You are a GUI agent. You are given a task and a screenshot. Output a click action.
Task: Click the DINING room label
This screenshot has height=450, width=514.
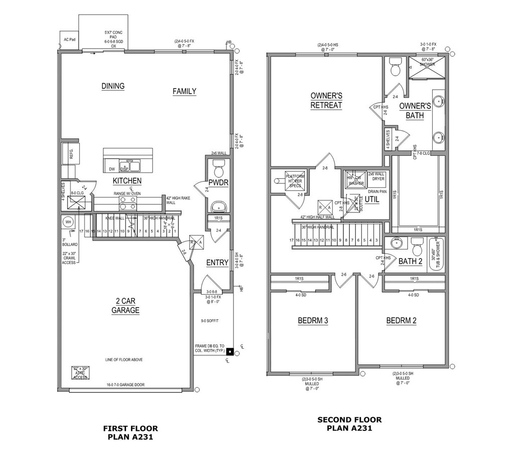113,86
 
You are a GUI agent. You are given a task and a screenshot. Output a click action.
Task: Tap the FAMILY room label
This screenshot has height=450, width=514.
184,91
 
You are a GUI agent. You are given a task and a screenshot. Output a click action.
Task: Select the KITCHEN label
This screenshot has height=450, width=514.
127,181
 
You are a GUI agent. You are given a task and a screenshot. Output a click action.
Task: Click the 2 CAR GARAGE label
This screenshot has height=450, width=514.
125,306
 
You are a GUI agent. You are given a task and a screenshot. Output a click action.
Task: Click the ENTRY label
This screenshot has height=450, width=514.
217,263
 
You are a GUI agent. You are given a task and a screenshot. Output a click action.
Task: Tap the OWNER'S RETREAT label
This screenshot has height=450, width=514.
326,100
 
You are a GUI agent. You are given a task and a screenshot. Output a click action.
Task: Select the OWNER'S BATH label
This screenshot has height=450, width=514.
415,111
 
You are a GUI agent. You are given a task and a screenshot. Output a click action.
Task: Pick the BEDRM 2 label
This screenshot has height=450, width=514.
401,321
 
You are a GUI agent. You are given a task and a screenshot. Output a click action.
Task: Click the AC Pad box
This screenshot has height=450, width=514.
69,39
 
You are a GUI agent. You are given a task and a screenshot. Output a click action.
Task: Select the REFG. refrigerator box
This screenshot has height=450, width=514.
68,153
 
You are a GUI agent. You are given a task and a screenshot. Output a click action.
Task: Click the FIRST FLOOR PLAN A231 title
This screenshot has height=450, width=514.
131,432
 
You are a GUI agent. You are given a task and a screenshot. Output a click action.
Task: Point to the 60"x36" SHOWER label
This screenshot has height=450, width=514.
427,62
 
